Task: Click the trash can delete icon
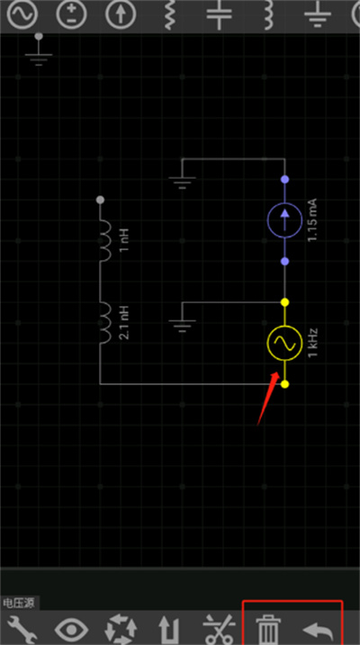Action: (x=268, y=631)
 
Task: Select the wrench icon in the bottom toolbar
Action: (x=22, y=631)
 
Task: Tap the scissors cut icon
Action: (x=220, y=631)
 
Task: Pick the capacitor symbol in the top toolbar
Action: (x=220, y=13)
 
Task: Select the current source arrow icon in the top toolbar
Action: (x=121, y=14)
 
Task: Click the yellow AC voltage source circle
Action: (x=284, y=343)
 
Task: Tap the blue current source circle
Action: (x=284, y=220)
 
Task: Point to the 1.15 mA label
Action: (x=312, y=219)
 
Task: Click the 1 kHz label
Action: (x=312, y=343)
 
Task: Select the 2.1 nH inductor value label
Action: (x=125, y=322)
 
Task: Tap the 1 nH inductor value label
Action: (x=125, y=241)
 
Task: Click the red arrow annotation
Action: (x=268, y=399)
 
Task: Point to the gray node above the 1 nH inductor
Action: (x=100, y=200)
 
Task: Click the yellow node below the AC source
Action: (x=284, y=384)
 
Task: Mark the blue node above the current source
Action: (x=284, y=179)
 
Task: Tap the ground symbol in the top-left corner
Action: (x=39, y=50)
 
